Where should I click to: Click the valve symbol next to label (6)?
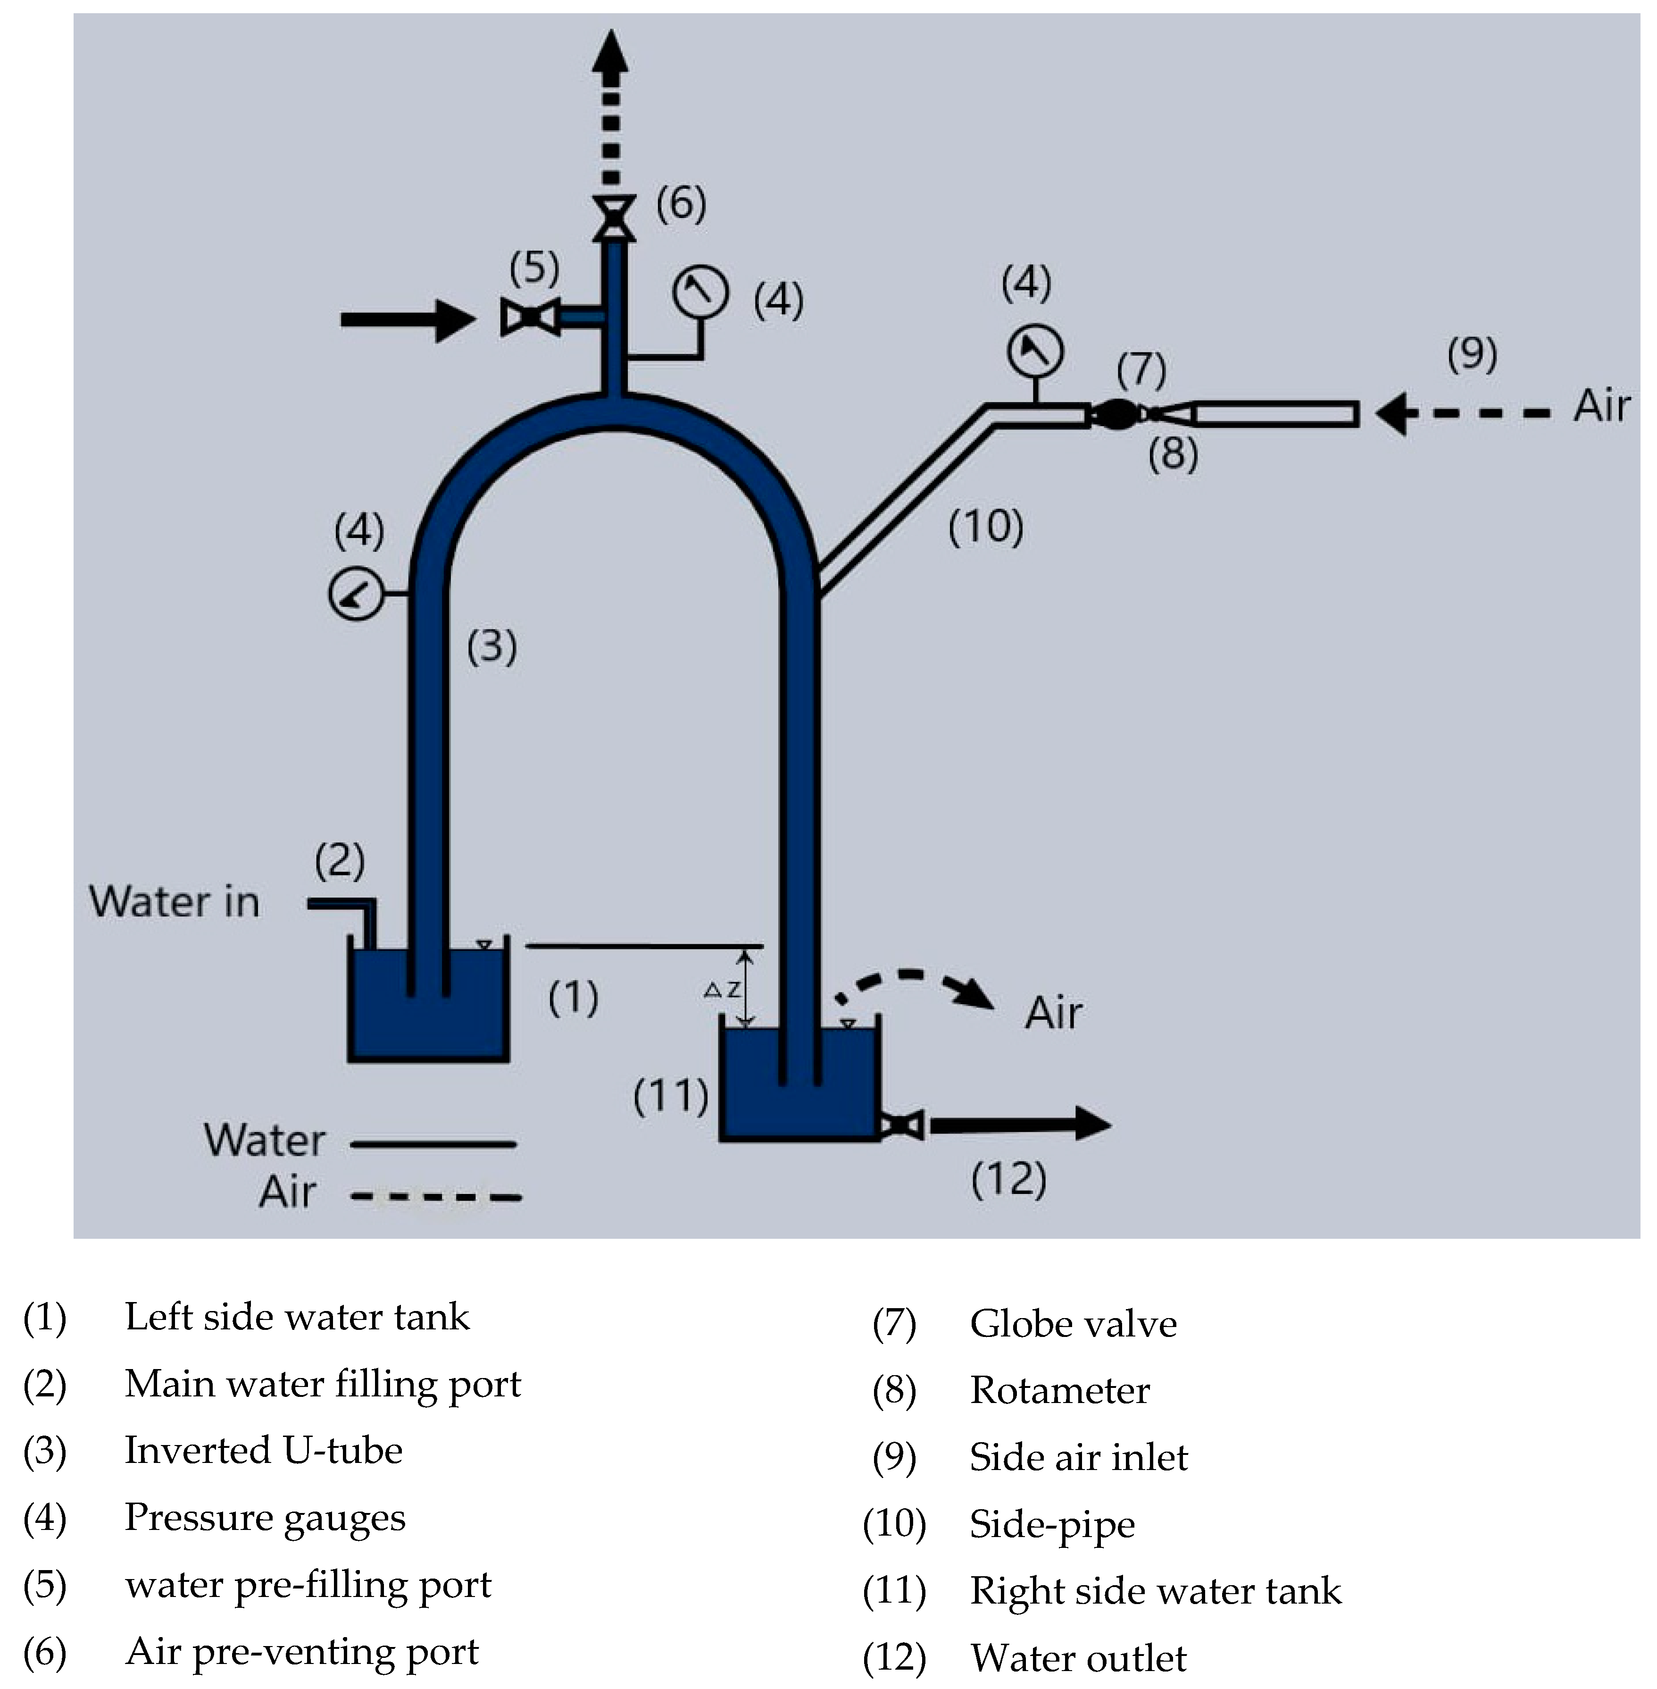click(614, 218)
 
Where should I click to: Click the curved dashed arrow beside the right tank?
click(914, 988)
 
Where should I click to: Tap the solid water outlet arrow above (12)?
click(1018, 1124)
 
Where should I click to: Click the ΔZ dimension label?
click(722, 990)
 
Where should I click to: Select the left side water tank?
click(428, 1006)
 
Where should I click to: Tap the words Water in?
click(174, 902)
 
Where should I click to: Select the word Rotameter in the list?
click(1059, 1390)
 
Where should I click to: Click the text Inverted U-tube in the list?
click(264, 1451)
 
